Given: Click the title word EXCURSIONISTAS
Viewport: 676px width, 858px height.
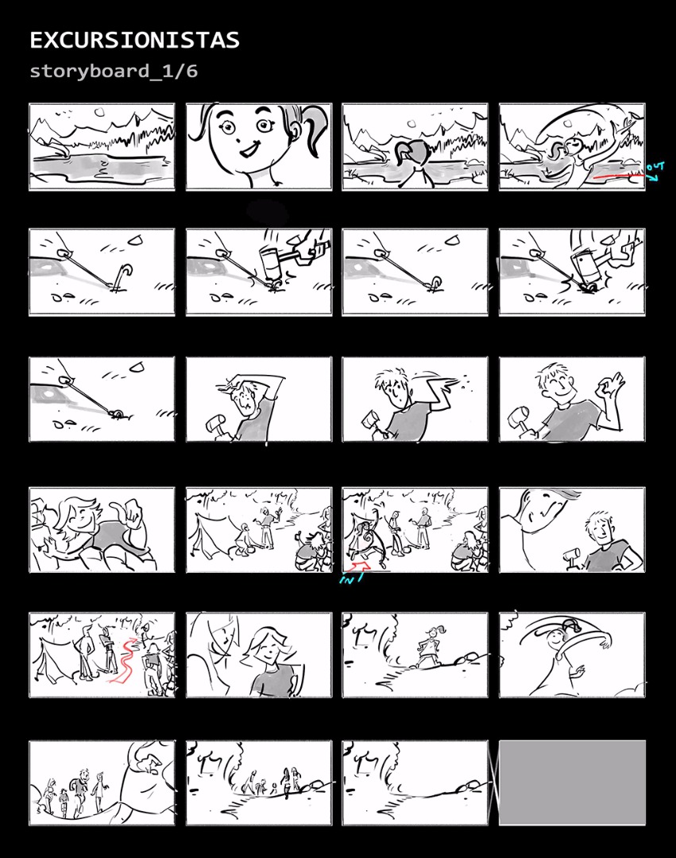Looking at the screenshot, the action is click(134, 41).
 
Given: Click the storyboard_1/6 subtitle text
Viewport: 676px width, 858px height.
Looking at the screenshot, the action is click(114, 71).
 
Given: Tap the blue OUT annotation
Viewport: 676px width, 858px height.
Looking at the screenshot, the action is click(655, 170).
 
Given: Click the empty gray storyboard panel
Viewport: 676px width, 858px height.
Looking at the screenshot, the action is click(572, 783).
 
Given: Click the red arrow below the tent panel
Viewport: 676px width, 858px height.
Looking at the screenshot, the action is click(361, 567).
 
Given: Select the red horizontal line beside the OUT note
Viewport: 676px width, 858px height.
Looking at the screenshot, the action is click(618, 176).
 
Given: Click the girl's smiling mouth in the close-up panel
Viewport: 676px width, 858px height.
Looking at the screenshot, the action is click(249, 149).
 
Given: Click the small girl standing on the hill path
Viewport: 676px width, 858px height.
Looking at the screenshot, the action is click(432, 646).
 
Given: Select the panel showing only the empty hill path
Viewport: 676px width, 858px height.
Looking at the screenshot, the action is click(415, 783).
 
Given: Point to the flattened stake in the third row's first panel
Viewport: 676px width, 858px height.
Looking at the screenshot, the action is click(117, 414).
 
